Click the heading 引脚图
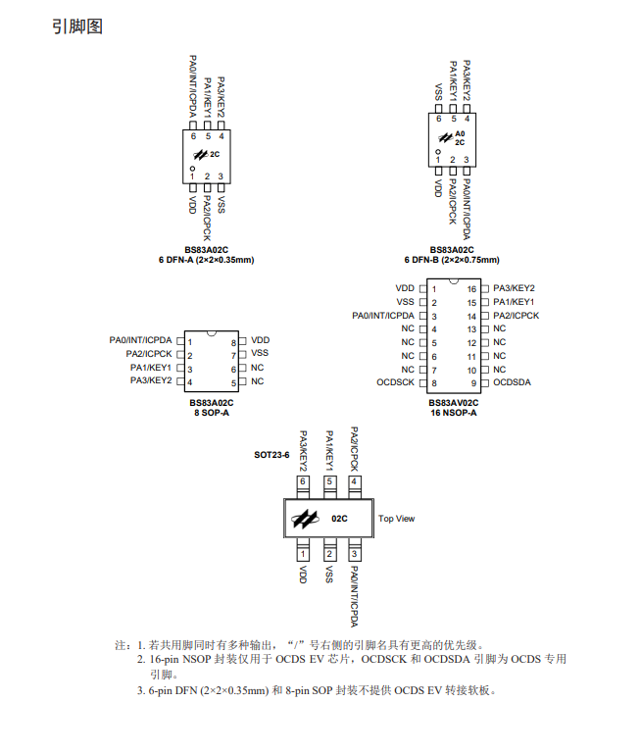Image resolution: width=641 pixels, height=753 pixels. coord(76,26)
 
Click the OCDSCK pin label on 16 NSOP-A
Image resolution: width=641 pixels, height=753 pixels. coord(395,382)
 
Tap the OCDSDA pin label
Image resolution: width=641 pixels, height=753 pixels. coord(512,382)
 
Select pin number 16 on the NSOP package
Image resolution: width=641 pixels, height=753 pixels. coord(471,289)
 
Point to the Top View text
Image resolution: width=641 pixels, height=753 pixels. coord(396,519)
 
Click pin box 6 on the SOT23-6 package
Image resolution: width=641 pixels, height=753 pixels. coord(304,482)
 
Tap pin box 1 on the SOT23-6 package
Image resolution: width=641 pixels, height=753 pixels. coord(304,555)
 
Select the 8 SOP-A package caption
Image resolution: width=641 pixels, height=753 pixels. coord(211,413)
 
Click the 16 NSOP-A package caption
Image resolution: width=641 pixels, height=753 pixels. coord(453,413)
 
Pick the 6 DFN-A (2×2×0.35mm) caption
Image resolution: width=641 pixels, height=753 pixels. coord(206,260)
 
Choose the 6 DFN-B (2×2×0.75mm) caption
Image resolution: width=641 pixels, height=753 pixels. coord(451,260)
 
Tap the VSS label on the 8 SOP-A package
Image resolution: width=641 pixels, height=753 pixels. coord(260,353)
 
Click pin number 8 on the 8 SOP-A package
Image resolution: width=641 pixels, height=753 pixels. coord(233,342)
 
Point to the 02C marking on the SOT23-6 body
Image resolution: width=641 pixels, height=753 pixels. coord(339,518)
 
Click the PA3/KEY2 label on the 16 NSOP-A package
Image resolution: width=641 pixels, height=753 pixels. coord(514,288)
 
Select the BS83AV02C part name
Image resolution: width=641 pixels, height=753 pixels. coord(453,402)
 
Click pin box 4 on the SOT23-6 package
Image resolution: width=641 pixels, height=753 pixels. coord(354,482)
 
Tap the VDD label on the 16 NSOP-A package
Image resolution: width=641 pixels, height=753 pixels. coord(405,288)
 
